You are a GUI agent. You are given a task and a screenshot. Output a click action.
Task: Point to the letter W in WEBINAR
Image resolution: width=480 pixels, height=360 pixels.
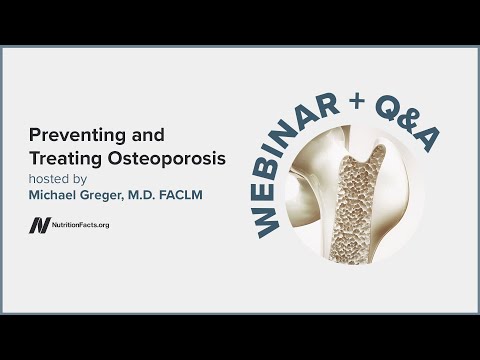coord(268,222)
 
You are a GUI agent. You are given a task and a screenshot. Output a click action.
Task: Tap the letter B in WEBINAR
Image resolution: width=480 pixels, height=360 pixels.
coord(263,166)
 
